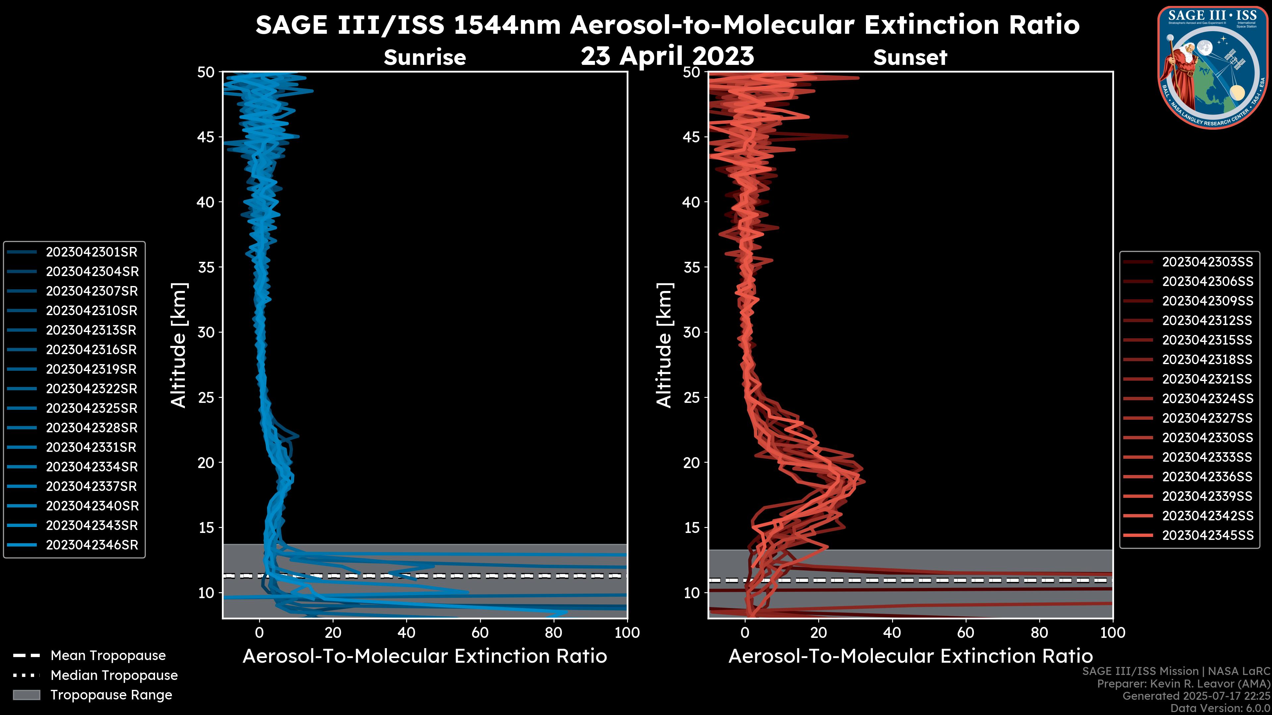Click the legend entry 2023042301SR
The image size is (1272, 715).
91,252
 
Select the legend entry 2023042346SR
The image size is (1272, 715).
91,545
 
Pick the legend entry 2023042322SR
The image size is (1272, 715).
91,389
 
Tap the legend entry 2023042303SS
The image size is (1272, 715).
1207,262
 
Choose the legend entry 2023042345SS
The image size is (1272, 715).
1207,535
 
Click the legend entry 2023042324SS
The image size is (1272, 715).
1207,399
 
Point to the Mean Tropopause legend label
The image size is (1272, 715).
108,656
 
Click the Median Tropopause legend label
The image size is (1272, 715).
114,676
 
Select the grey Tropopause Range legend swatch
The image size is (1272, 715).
26,695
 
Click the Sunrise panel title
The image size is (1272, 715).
425,57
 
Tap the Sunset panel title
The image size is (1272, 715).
910,57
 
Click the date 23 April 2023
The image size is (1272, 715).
667,56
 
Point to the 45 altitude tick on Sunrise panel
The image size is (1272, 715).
206,137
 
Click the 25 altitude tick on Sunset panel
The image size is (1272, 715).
692,398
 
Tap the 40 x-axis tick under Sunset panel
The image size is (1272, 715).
892,633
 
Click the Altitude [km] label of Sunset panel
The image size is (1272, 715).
664,345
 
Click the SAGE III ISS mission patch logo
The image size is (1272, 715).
1212,67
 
